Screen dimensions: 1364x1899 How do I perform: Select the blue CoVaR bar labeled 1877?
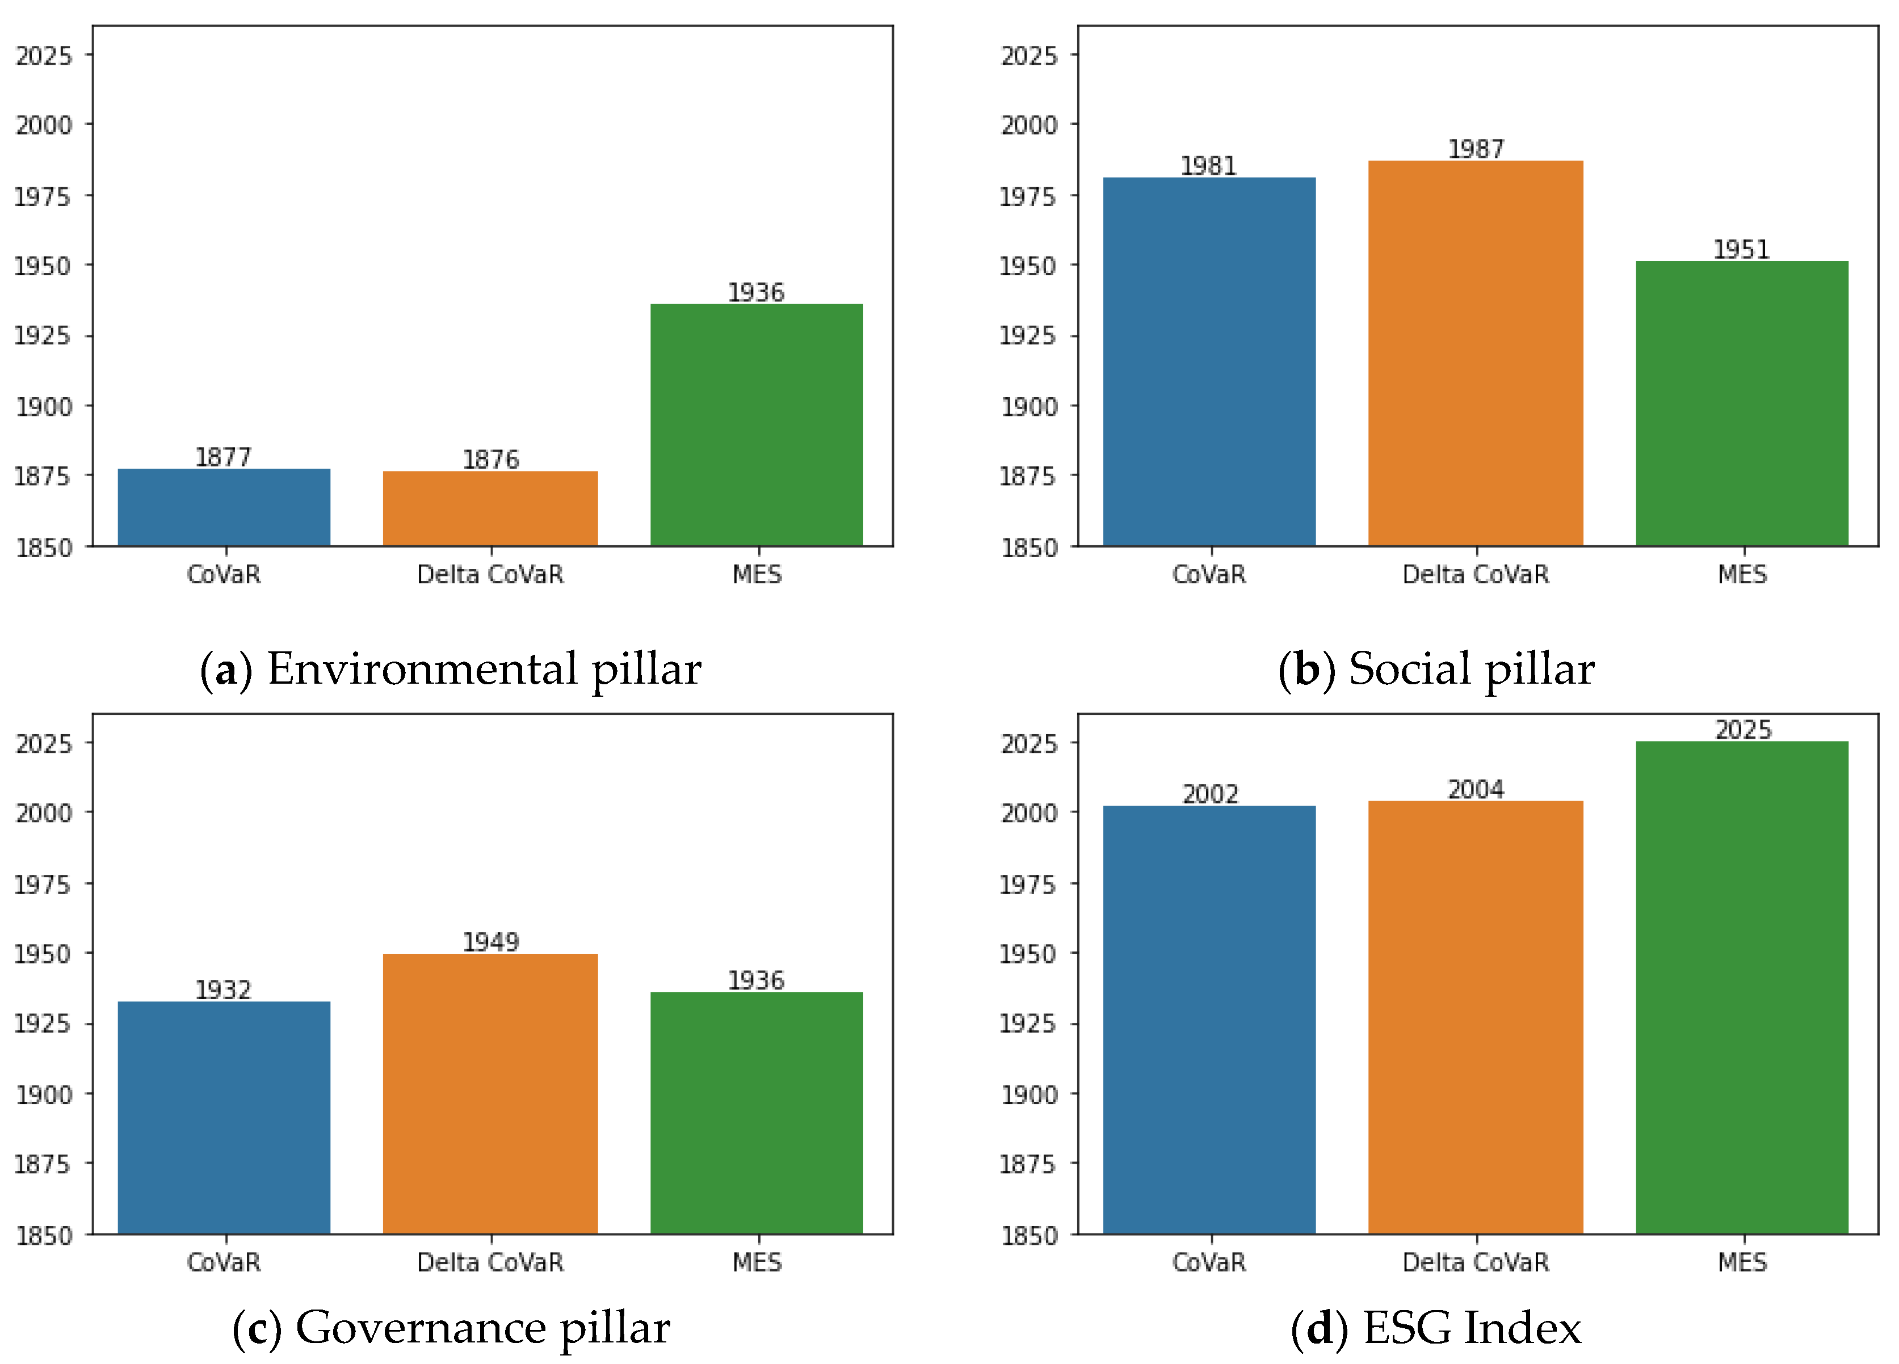tap(224, 507)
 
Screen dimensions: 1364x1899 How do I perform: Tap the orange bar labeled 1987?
tap(1475, 353)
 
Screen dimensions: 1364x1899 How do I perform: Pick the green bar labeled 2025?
tap(1742, 988)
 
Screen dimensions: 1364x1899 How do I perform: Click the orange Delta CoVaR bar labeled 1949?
tap(490, 1093)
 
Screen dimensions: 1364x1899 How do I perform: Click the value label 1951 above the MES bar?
tap(1741, 250)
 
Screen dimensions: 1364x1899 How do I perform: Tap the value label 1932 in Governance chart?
tap(222, 990)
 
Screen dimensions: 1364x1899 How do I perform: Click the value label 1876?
tap(491, 459)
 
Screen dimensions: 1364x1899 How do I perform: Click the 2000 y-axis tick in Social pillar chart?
tap(1029, 125)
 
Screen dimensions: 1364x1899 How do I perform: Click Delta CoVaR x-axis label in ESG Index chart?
tap(1475, 1262)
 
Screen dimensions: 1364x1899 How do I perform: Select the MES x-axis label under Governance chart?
tap(757, 1262)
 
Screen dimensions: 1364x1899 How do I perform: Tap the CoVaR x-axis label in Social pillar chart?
tap(1208, 574)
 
